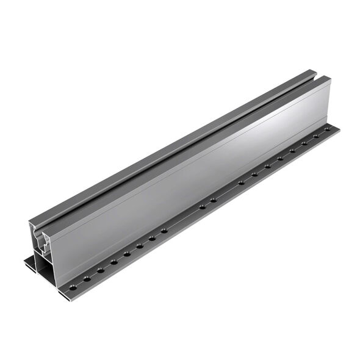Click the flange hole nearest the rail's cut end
click(74, 286)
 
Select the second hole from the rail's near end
click(87, 278)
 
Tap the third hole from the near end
click(101, 270)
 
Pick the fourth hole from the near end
click(114, 262)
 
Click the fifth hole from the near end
click(127, 254)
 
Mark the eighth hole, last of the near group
click(164, 231)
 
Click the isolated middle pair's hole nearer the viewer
click(202, 207)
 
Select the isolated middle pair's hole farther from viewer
click(214, 200)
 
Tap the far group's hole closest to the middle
click(241, 182)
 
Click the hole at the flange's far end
click(327, 129)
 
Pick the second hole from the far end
click(315, 136)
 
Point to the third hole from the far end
click(304, 143)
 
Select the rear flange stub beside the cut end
click(31, 264)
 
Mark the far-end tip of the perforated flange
click(337, 129)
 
